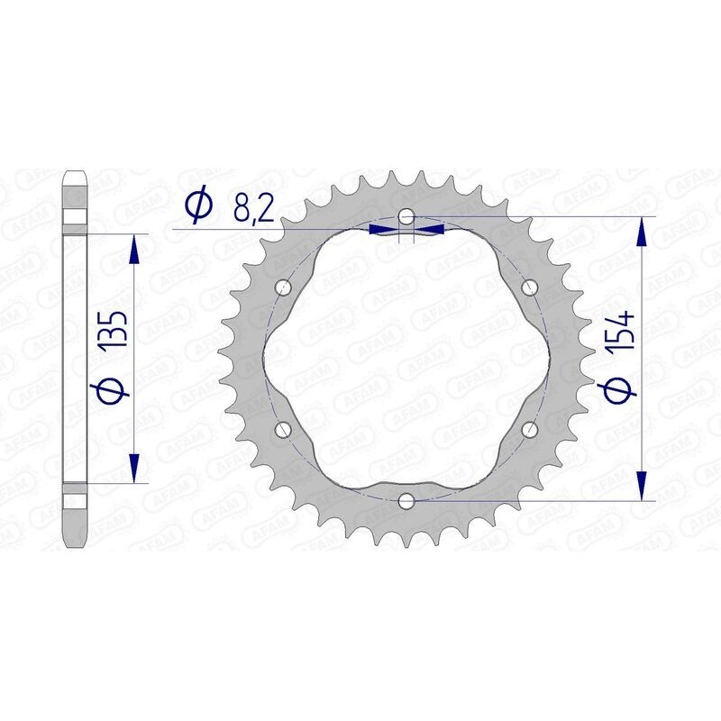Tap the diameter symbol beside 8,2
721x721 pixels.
click(x=197, y=208)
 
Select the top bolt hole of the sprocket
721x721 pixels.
click(x=407, y=217)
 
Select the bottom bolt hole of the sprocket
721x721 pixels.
click(x=406, y=500)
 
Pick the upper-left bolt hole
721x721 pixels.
click(x=285, y=288)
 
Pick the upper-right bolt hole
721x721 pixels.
click(x=529, y=288)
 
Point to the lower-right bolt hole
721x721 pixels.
click(x=529, y=430)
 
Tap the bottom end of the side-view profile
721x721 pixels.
click(x=75, y=544)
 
